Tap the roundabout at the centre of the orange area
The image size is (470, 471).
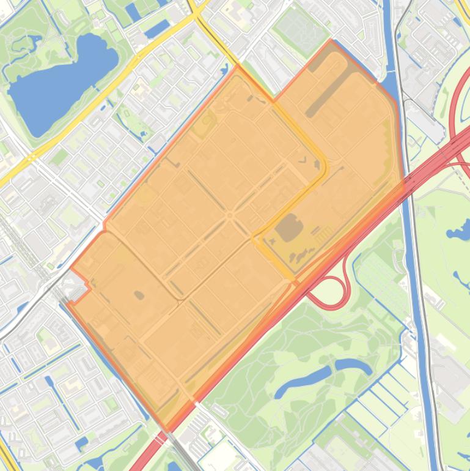coord(230,215)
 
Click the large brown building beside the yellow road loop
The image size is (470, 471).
coord(289,229)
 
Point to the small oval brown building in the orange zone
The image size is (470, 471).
coord(139,295)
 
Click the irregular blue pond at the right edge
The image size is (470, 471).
coord(460,231)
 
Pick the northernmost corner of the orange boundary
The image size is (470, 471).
coord(331,41)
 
